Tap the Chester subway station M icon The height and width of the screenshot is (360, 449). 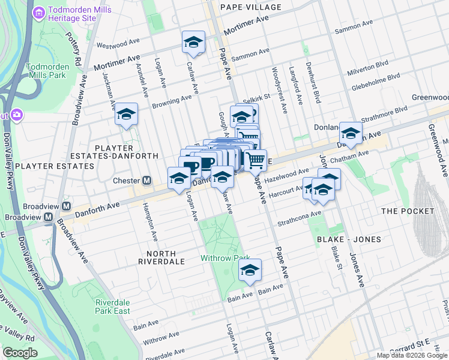pos(146,181)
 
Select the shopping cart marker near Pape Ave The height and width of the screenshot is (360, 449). pos(256,160)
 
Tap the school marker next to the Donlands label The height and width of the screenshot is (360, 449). pos(351,133)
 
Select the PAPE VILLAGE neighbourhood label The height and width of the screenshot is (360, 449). pos(250,7)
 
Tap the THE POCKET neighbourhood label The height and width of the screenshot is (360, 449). pos(407,211)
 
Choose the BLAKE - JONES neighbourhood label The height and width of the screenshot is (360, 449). pos(349,239)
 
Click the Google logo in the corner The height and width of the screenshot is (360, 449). pos(20,353)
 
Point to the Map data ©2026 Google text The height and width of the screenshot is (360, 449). pos(411,355)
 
